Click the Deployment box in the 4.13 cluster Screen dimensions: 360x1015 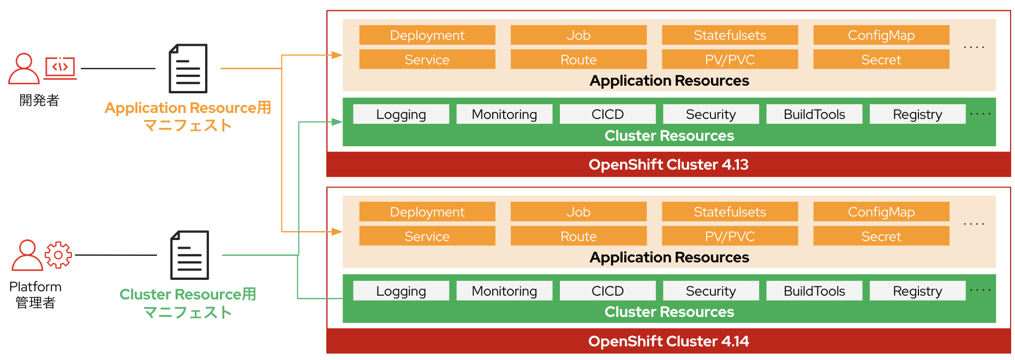[427, 35]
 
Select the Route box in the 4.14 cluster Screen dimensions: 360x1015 [578, 236]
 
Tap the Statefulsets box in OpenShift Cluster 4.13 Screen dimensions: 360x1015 [730, 35]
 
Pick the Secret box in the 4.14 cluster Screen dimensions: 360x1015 [881, 236]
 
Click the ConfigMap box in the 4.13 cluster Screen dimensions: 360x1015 [881, 35]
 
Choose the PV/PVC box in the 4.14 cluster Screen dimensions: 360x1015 [730, 236]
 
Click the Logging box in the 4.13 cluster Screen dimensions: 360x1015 [401, 114]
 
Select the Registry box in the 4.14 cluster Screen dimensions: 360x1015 [917, 291]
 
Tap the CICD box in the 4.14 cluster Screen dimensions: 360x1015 [607, 291]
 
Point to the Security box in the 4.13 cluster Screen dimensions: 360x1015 [710, 114]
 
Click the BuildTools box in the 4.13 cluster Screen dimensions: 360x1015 [814, 114]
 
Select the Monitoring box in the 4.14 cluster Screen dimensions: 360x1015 [504, 291]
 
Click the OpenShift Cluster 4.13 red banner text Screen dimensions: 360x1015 [668, 165]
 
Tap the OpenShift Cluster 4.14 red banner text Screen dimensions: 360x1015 [668, 341]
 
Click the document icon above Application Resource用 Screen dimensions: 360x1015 [188, 69]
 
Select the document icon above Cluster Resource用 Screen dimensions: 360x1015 [189, 255]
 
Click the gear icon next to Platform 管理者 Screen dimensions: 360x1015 [58, 255]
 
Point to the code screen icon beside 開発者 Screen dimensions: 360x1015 [60, 68]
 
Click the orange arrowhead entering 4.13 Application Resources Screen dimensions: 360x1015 [337, 55]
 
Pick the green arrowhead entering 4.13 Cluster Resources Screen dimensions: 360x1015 [337, 122]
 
